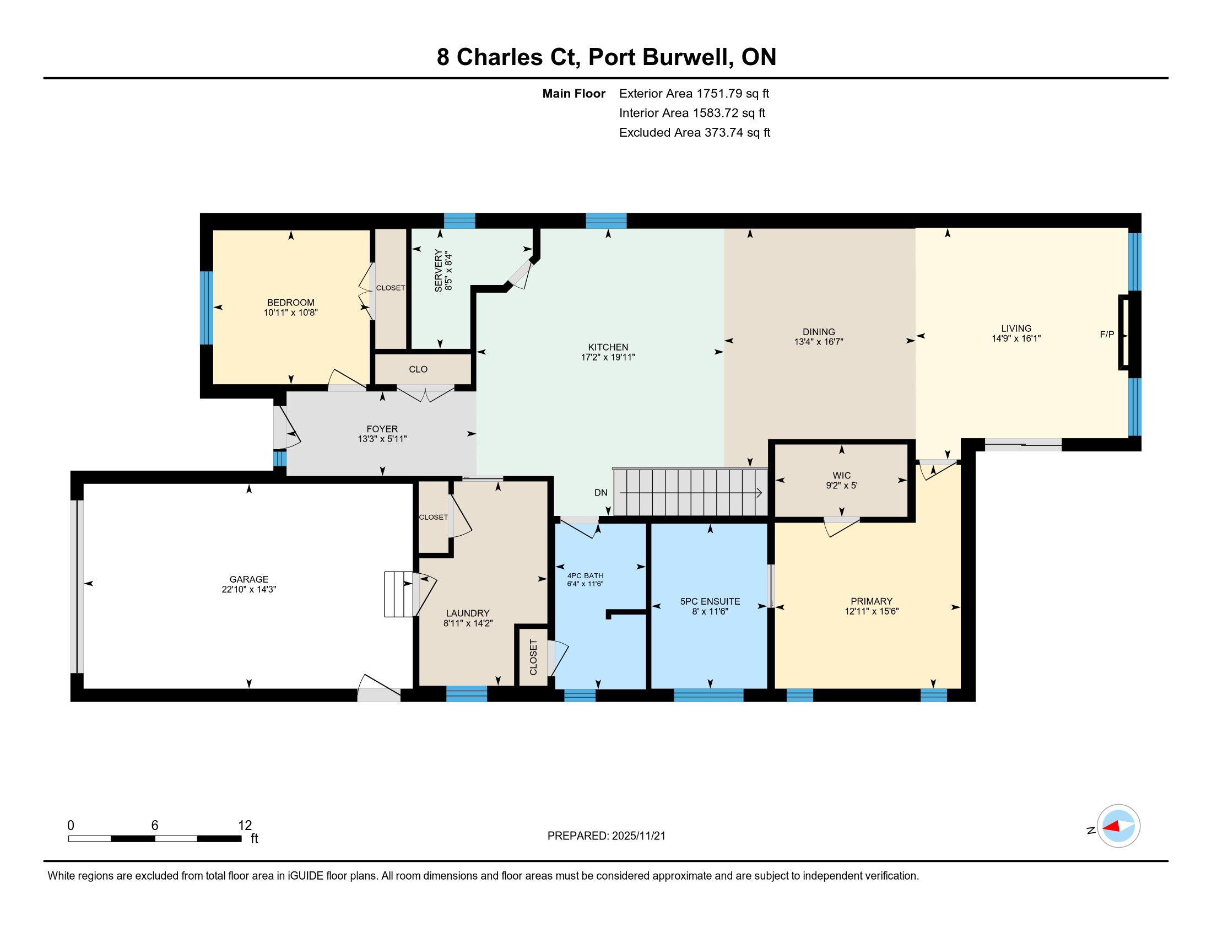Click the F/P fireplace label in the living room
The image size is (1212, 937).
click(1107, 334)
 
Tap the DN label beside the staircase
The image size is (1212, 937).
click(600, 492)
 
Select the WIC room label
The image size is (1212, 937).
click(841, 475)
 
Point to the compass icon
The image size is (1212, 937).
click(1118, 826)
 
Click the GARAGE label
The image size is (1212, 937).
click(248, 579)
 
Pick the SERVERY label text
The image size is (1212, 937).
click(439, 270)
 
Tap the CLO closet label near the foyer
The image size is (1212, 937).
click(418, 369)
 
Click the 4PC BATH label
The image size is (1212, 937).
click(585, 575)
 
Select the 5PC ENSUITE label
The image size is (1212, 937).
click(710, 601)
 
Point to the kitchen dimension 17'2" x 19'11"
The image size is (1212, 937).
click(608, 358)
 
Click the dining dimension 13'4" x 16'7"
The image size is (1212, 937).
click(819, 342)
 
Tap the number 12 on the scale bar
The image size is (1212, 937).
click(245, 826)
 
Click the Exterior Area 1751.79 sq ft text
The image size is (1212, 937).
click(694, 93)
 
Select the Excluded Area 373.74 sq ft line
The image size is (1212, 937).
click(695, 132)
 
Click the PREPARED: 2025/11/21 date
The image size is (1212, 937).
click(606, 836)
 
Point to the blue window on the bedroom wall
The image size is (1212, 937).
click(207, 308)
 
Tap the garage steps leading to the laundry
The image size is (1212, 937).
click(399, 594)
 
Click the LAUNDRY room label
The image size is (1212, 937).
click(468, 613)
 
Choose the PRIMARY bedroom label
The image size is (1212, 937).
click(872, 601)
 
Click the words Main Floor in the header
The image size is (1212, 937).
click(574, 93)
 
